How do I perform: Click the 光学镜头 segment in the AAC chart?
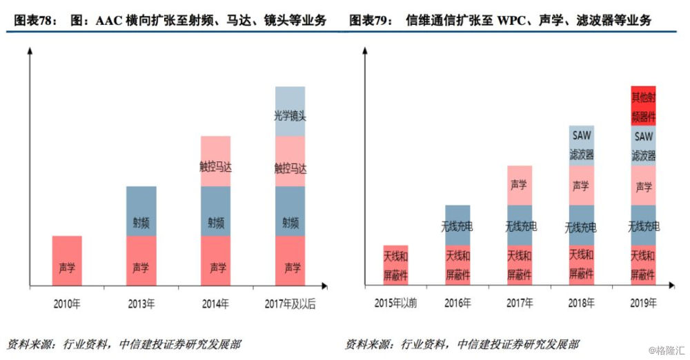point(290,111)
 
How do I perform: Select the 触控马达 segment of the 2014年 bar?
point(216,161)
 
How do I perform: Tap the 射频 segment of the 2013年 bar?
point(141,211)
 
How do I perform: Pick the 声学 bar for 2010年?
point(67,261)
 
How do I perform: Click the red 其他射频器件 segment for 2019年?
point(643,105)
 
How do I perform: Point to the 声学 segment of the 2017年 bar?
point(520,185)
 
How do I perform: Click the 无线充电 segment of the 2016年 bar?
point(457,225)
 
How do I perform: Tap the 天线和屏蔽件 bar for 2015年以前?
point(395,265)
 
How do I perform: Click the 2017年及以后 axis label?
point(290,303)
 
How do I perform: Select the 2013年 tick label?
point(141,303)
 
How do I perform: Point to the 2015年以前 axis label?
point(395,303)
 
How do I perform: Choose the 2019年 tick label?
point(643,303)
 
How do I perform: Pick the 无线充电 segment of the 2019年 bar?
point(643,225)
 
